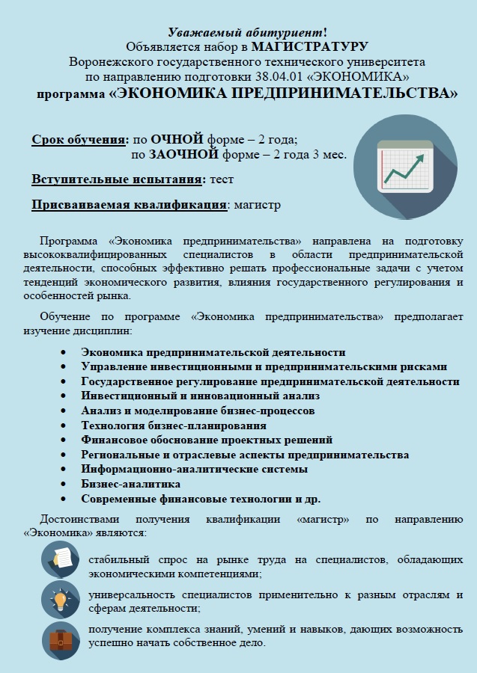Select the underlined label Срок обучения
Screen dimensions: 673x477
(x=79, y=140)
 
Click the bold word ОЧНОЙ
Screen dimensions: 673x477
(x=177, y=140)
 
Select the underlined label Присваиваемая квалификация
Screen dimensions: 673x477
(x=130, y=205)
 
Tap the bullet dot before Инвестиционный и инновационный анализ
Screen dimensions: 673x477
(x=64, y=396)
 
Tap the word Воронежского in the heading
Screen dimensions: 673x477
(x=109, y=61)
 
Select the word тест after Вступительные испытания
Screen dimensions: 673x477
(x=222, y=179)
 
